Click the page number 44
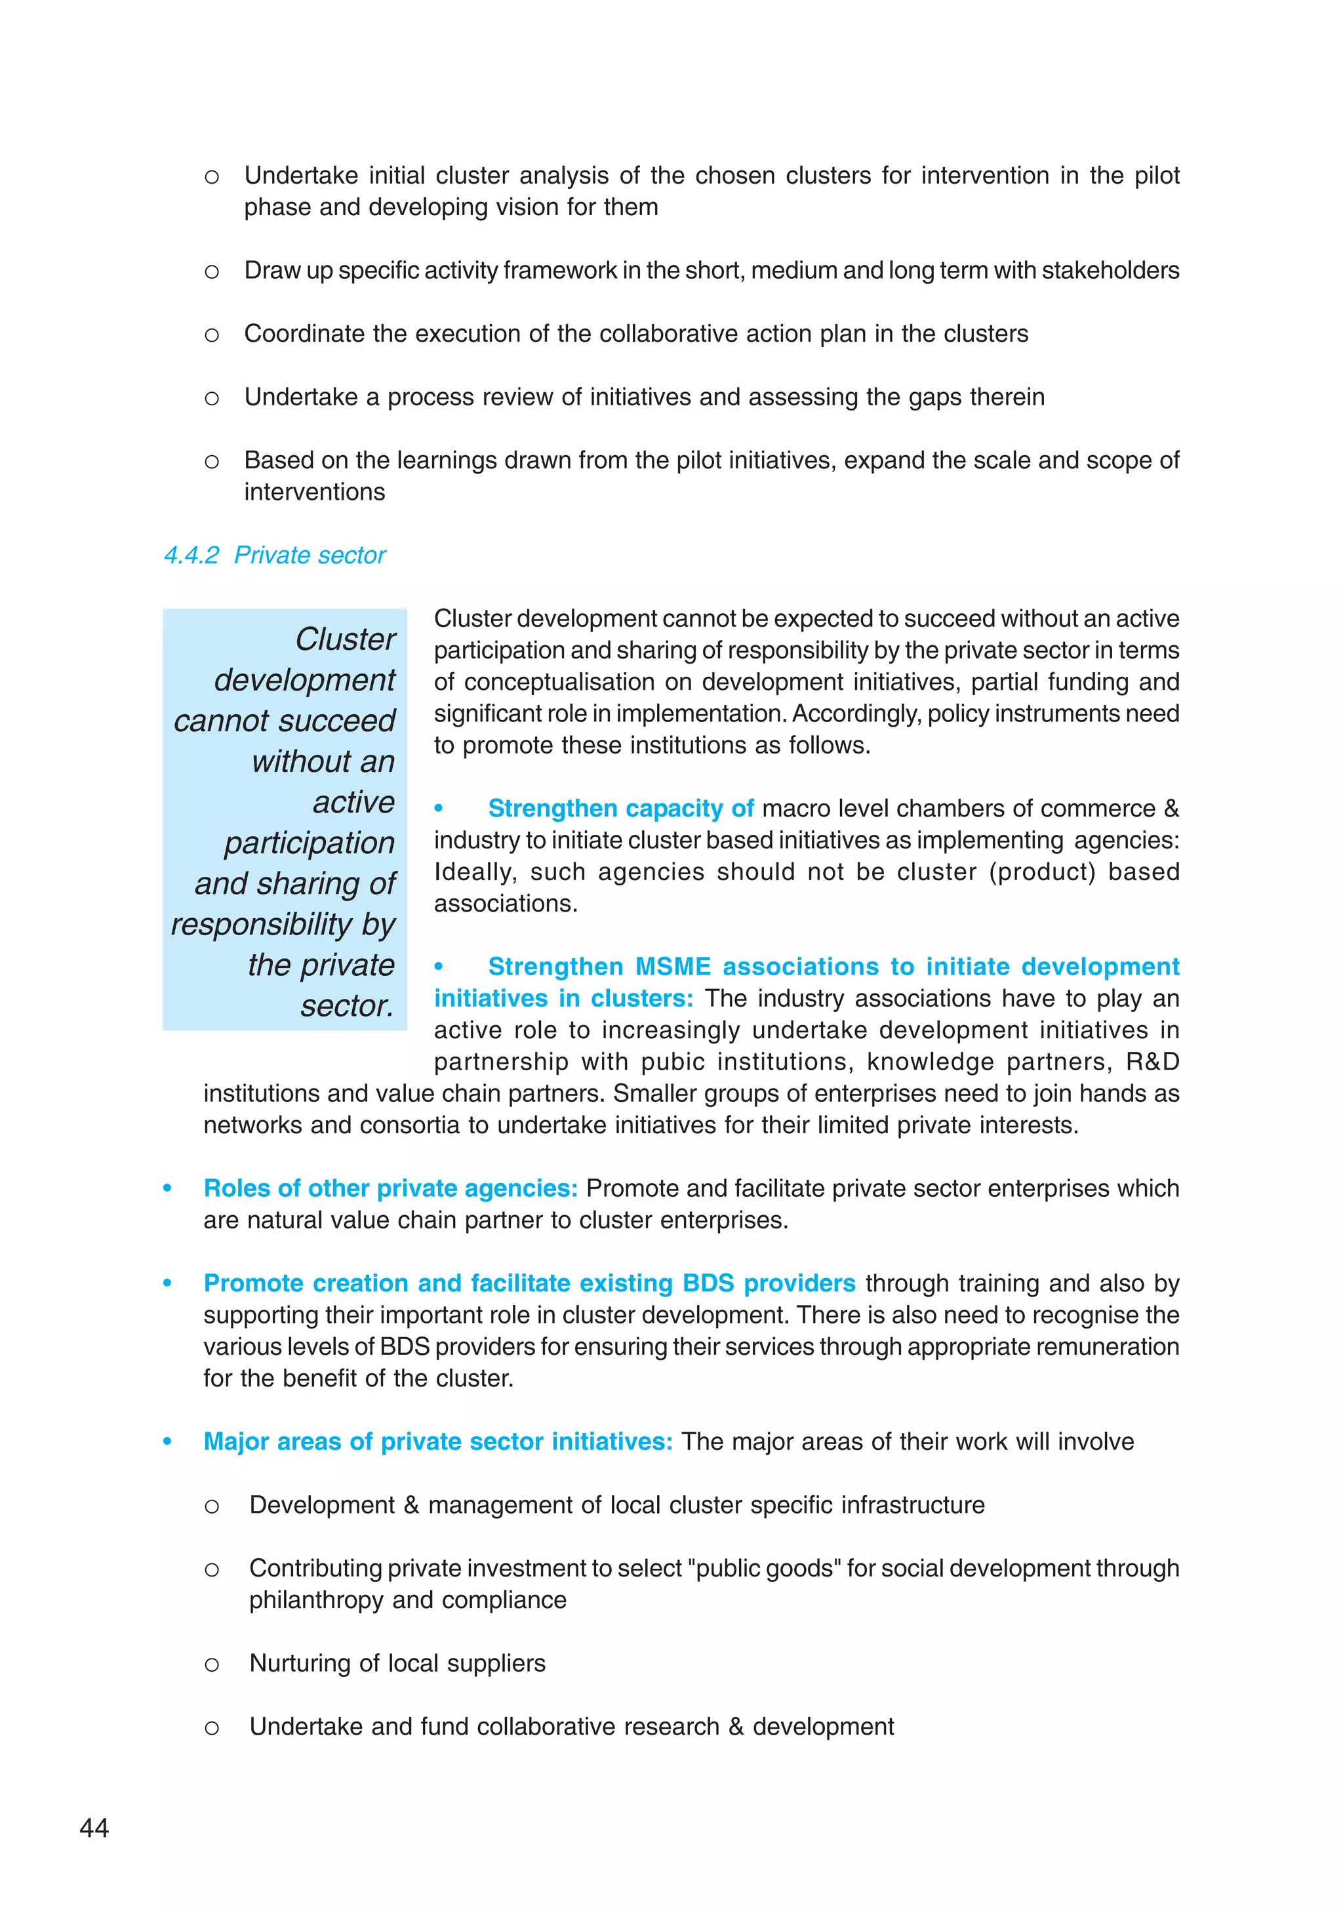click(94, 1827)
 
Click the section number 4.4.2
click(191, 555)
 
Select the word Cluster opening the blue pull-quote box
click(345, 639)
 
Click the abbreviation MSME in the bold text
click(673, 967)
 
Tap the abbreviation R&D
click(1152, 1062)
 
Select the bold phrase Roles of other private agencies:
click(390, 1188)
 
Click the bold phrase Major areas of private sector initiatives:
click(437, 1441)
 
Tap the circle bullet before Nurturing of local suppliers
click(212, 1664)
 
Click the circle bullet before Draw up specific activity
click(212, 271)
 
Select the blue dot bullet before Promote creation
click(167, 1283)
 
